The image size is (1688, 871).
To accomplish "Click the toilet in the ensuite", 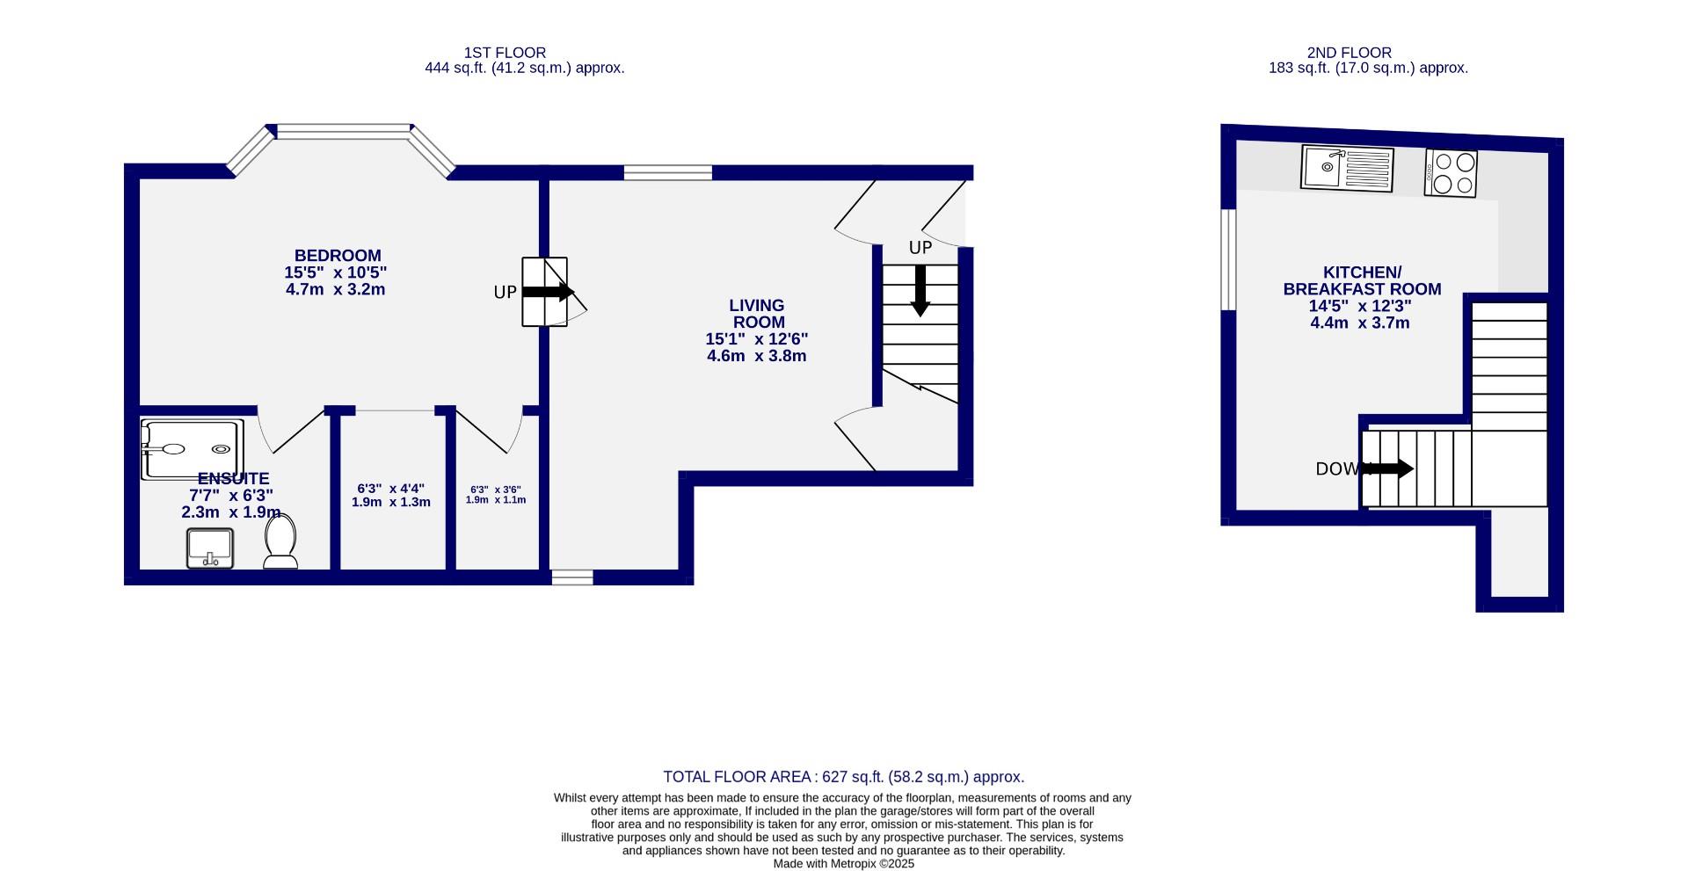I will click(281, 542).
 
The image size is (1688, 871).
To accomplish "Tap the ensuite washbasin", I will click(210, 548).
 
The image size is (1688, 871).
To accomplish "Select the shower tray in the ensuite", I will click(192, 449).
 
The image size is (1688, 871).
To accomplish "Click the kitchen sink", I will click(1347, 168).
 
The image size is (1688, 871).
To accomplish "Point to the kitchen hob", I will click(1451, 173).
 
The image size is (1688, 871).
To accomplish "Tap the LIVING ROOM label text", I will click(757, 314).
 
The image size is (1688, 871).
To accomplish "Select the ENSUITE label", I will click(233, 479).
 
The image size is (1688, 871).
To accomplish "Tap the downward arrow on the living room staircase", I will click(920, 290).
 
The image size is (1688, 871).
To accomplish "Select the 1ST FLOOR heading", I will click(506, 53).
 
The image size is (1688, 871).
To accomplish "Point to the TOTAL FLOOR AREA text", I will click(843, 777).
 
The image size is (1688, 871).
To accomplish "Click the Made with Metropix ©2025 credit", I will click(843, 864).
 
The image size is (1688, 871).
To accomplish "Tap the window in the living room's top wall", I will click(668, 172).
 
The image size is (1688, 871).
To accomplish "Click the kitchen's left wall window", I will click(1228, 259).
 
